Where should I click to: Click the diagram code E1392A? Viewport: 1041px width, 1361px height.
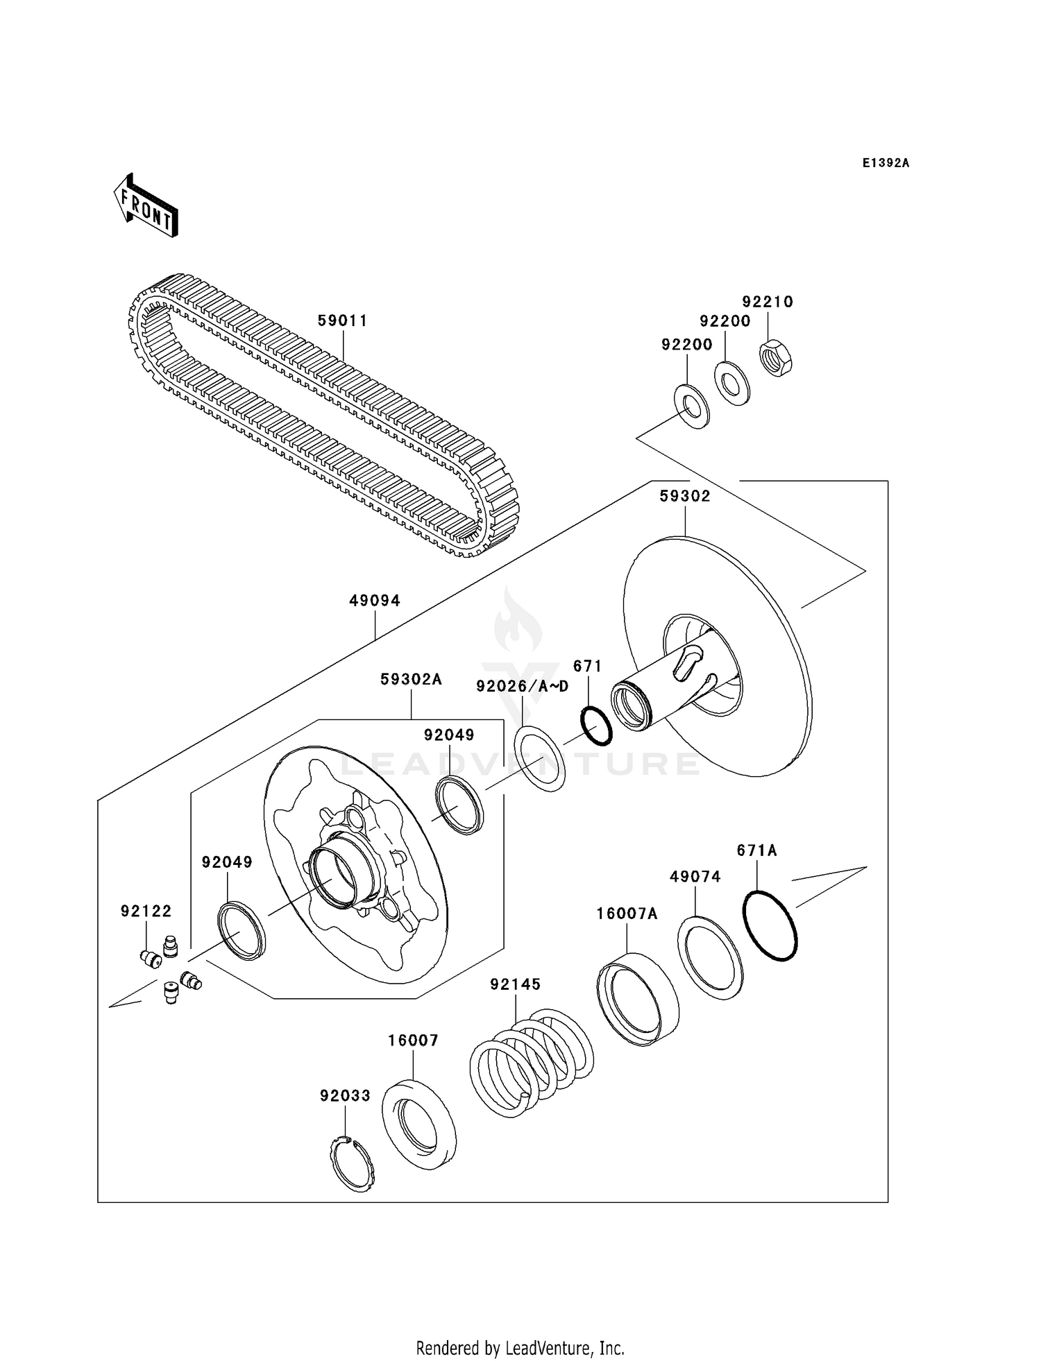(x=886, y=163)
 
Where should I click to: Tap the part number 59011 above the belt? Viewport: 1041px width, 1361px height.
(x=342, y=320)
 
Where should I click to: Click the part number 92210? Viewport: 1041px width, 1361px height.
(x=767, y=302)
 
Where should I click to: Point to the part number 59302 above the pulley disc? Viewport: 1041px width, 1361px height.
(x=684, y=496)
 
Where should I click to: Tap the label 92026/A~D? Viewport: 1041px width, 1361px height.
(x=522, y=686)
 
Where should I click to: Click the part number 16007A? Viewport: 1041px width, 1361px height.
(x=627, y=914)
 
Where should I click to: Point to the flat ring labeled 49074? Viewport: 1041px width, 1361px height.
(x=710, y=958)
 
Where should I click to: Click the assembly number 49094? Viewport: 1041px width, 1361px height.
(x=374, y=601)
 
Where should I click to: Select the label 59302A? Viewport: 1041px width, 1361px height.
(x=411, y=680)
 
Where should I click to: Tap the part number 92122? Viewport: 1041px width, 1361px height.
(x=146, y=911)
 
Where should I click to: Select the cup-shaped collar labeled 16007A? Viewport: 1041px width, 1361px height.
(x=637, y=999)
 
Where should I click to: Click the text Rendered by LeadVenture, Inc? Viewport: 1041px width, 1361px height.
(x=520, y=1348)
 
